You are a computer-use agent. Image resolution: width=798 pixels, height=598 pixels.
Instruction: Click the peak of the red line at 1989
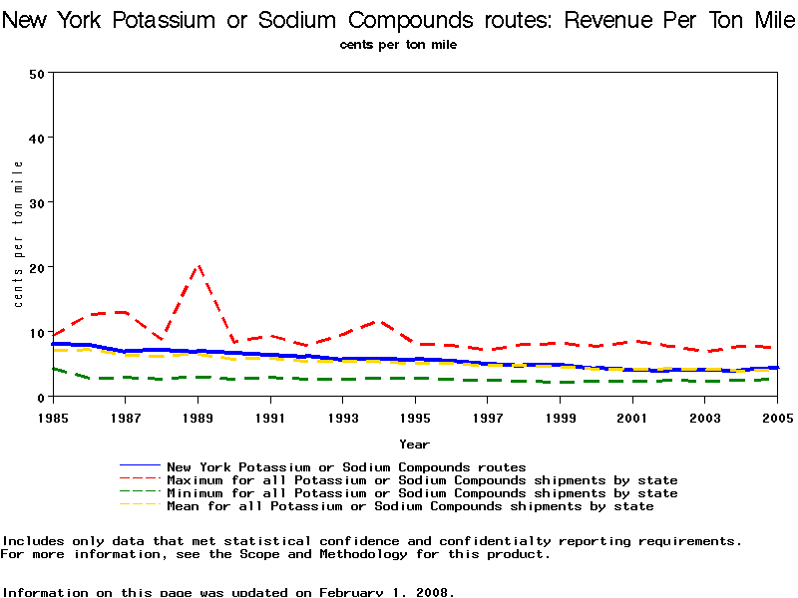(x=199, y=266)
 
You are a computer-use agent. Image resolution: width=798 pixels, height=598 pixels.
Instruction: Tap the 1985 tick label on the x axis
(x=53, y=416)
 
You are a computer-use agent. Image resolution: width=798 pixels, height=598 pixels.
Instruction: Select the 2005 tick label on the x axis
(x=777, y=416)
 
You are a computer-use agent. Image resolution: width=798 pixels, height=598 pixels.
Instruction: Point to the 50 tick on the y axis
(x=38, y=73)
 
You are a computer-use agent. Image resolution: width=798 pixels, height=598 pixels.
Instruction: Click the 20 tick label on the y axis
(x=38, y=267)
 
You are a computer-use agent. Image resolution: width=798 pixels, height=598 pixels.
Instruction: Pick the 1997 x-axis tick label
(x=488, y=416)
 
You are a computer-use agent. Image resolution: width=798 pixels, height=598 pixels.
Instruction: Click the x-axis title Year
(x=415, y=444)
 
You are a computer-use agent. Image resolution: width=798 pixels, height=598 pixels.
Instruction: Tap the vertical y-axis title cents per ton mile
(x=18, y=234)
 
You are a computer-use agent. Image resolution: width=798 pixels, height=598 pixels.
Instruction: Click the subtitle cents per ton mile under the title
(x=398, y=45)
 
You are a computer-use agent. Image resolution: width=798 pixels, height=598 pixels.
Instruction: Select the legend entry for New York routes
(x=346, y=466)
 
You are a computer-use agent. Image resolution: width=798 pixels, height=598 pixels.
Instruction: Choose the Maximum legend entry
(x=422, y=480)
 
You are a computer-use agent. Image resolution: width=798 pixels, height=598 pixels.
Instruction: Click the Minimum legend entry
(x=422, y=493)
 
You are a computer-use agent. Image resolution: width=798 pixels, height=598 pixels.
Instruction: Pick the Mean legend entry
(x=410, y=506)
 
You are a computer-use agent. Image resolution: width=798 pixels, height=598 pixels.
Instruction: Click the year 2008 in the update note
(x=434, y=592)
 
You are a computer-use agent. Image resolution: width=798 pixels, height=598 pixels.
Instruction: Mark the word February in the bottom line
(x=351, y=592)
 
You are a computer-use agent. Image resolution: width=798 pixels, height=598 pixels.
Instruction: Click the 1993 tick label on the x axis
(x=343, y=416)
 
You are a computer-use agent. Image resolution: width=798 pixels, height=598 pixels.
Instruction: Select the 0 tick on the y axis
(x=42, y=397)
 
